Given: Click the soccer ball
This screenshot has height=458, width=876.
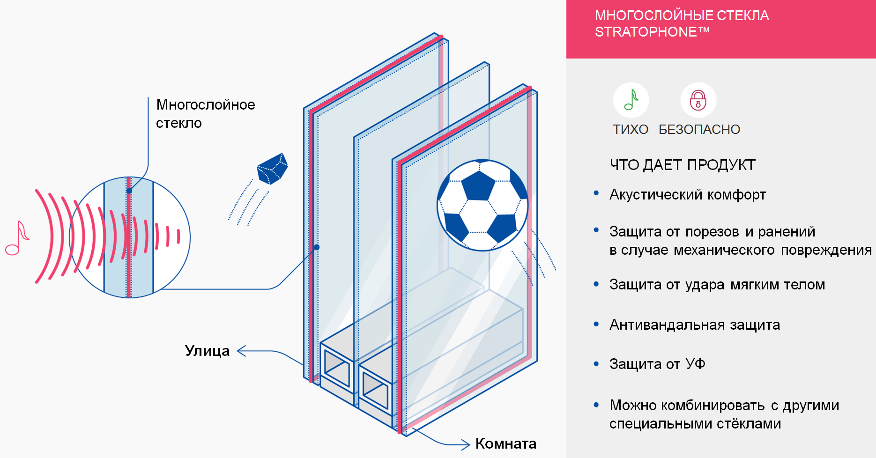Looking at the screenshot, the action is click(483, 206).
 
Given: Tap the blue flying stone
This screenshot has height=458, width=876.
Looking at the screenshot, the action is click(272, 169).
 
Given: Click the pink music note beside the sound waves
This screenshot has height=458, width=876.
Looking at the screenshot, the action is click(17, 238).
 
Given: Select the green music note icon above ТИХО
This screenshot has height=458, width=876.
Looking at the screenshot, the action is click(631, 100).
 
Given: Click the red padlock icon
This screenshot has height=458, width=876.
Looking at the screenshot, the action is click(698, 100).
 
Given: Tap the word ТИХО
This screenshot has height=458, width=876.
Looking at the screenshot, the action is click(631, 129).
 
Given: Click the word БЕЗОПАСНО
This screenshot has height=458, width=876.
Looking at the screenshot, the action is click(699, 129).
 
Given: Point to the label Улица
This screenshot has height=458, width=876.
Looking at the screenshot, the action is click(207, 351).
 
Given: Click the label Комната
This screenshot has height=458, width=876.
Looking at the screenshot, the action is click(506, 443).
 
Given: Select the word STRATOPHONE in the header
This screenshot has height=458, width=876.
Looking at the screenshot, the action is click(646, 32).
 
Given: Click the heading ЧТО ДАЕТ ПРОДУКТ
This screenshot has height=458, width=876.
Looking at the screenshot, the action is click(683, 165).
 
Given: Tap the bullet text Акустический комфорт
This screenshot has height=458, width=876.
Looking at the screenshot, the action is click(688, 194).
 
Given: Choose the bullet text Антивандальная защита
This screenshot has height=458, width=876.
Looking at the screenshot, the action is click(695, 325).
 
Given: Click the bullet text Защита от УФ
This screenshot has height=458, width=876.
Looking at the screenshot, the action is click(657, 364).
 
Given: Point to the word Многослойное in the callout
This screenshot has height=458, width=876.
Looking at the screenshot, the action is click(206, 104).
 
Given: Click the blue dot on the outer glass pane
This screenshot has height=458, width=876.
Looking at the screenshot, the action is click(317, 247).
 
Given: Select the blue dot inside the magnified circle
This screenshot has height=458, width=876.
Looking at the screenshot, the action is click(129, 191).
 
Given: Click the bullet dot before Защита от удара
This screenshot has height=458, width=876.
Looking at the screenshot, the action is click(596, 284).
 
